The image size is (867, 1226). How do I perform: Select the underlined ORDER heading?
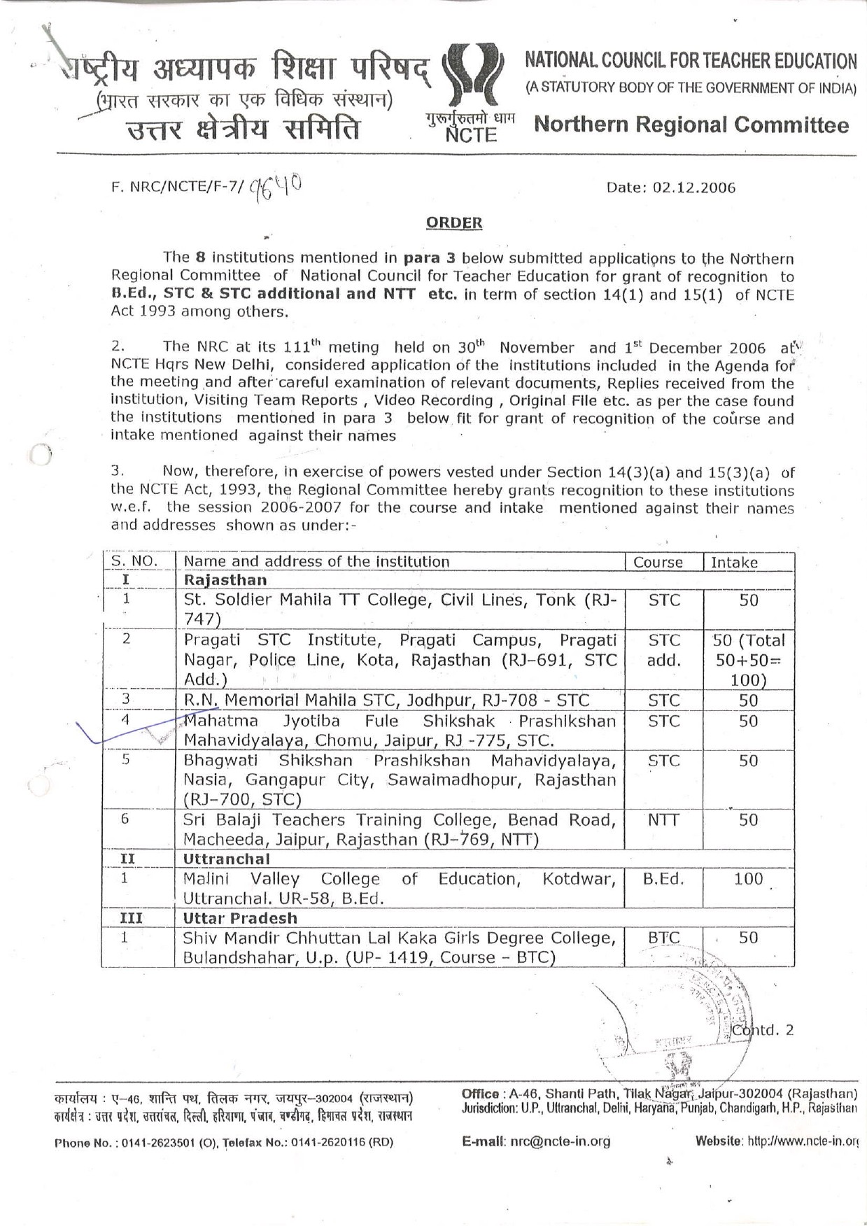(454, 223)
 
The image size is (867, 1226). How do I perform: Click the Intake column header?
(734, 562)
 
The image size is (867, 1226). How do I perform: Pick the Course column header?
(658, 562)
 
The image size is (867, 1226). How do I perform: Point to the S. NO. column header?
(134, 561)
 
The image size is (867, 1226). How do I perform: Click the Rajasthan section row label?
(225, 580)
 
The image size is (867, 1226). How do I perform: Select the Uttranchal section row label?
(226, 859)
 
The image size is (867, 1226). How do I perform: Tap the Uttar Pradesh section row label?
(240, 918)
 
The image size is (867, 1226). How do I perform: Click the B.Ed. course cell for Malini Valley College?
(663, 879)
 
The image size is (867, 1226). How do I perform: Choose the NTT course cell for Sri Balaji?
(663, 819)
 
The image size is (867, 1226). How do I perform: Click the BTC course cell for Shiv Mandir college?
(663, 938)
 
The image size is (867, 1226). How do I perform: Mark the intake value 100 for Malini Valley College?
(748, 879)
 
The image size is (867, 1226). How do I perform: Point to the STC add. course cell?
(663, 650)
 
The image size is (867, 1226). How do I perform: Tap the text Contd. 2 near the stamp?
(763, 1030)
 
